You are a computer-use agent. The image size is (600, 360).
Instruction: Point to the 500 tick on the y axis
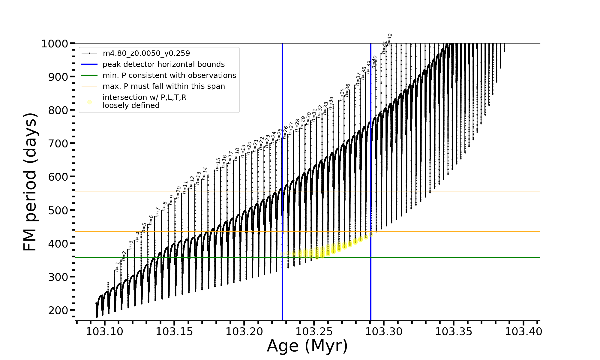coord(58,210)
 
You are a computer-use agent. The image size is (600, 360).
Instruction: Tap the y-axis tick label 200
coord(58,310)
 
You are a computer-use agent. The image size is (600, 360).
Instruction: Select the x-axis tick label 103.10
coord(104,332)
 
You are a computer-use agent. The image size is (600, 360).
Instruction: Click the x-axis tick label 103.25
coord(314,332)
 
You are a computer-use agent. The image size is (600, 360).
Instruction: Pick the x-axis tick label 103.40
coord(523,332)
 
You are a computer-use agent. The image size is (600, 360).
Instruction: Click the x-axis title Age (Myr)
coord(307,346)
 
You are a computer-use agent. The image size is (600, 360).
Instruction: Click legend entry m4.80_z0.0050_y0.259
coord(146,53)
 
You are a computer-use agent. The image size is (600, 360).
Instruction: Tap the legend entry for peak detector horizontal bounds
coord(163,64)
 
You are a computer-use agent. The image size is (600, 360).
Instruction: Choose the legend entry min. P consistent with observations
coord(169,75)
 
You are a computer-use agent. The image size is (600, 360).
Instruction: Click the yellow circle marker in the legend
coord(89,102)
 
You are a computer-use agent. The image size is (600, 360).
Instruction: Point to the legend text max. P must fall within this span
coord(163,86)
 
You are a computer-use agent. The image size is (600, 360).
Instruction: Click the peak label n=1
coord(117,267)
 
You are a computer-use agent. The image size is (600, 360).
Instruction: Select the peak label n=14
coord(205,174)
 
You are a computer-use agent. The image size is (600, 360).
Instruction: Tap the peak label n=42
coord(389,40)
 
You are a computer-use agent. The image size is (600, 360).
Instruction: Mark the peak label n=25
coord(280,135)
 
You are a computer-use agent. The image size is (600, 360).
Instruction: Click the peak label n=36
coord(347,90)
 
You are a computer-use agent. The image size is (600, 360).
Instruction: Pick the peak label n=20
coord(249,148)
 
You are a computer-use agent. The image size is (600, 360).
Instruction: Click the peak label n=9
coord(171,200)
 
